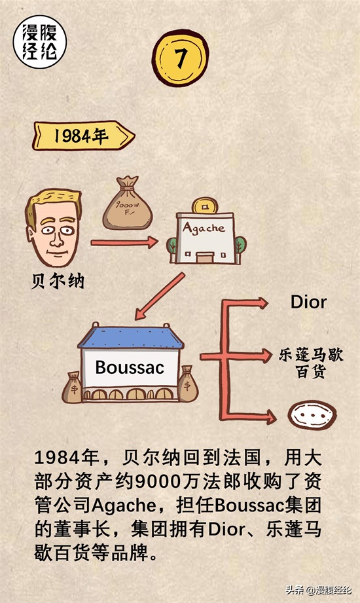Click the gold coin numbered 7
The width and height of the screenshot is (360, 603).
(180, 58)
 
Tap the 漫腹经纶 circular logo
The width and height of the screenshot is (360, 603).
(40, 42)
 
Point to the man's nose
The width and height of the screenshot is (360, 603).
(56, 239)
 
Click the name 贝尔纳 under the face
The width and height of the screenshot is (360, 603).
(58, 282)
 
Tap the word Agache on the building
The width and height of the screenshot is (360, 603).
(204, 228)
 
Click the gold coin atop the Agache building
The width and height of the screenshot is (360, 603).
(205, 206)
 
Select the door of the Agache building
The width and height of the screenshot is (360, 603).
(205, 257)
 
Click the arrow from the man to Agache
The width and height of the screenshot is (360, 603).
(124, 242)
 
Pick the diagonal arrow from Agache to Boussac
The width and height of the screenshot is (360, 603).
(160, 296)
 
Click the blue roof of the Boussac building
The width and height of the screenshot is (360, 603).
(131, 337)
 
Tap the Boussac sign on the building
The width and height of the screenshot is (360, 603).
(130, 367)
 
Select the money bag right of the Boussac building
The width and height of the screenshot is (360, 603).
(187, 384)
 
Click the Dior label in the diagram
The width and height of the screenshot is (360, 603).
(308, 302)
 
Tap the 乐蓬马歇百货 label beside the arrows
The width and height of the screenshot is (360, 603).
(311, 363)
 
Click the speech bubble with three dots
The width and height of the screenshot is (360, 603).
(312, 415)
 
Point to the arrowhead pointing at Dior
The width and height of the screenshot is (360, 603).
(263, 303)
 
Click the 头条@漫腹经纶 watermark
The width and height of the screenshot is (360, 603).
(319, 590)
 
